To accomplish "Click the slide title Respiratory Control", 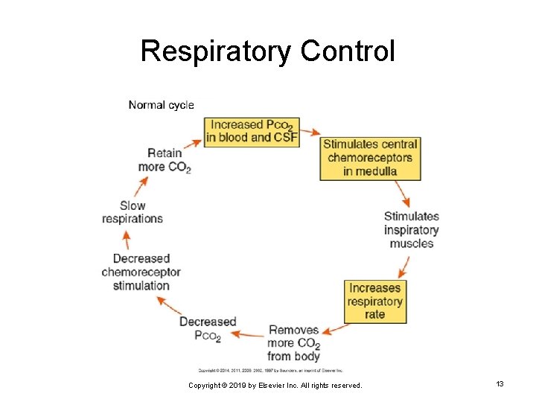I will point(267,51).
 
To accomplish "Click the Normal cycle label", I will point(161,105).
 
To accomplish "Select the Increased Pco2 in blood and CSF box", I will point(251,131).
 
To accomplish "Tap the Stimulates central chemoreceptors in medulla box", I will point(370,158).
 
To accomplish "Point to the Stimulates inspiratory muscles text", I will point(411,229).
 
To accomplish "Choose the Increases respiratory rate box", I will point(374,301).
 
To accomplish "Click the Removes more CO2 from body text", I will point(294,342).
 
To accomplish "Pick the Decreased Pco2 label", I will point(208,328).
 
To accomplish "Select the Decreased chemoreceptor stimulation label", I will point(141,272).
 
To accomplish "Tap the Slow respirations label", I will point(133,212).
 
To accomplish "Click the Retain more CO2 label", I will point(165,160).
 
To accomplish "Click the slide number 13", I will point(500,383).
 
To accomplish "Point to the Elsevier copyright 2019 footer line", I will point(275,386).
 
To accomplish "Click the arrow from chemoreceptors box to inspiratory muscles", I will point(403,195).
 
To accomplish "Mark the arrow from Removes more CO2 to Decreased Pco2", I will point(248,334).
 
